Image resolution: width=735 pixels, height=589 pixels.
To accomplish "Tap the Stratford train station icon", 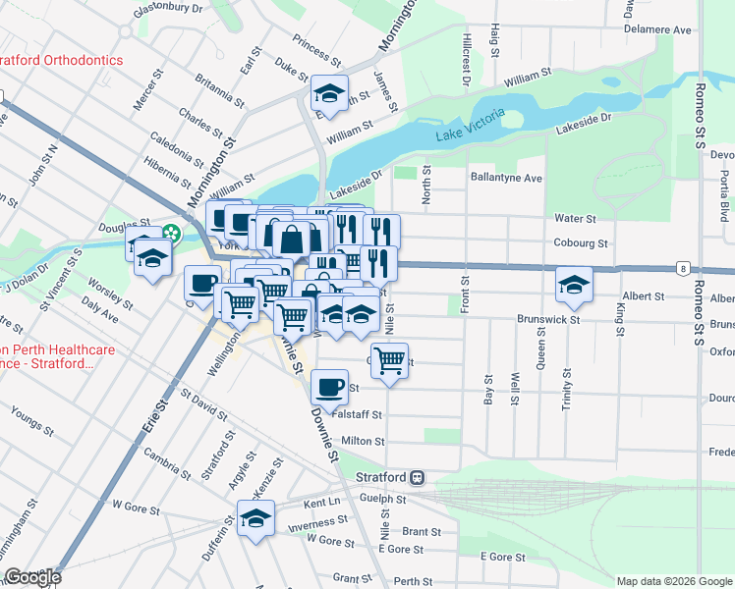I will pos(418,477).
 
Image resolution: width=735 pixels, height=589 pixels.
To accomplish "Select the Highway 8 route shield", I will pos(681,267).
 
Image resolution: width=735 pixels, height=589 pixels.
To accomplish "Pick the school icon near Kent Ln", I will pos(255,518).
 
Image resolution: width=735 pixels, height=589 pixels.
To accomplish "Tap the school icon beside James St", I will pos(328,93).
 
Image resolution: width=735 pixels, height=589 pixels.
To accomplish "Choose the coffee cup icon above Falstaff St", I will pos(329,385).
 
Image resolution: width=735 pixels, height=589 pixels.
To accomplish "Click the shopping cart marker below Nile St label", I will pos(390,360).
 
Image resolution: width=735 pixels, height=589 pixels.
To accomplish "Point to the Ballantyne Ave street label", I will pos(506,179).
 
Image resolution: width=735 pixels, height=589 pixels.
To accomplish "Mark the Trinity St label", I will pos(567,390).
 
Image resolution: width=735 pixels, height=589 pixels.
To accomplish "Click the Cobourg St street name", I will pos(583,242).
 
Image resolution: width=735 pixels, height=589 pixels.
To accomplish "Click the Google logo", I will pos(31,577).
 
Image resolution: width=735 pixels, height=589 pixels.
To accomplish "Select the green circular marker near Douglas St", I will pos(172,234).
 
